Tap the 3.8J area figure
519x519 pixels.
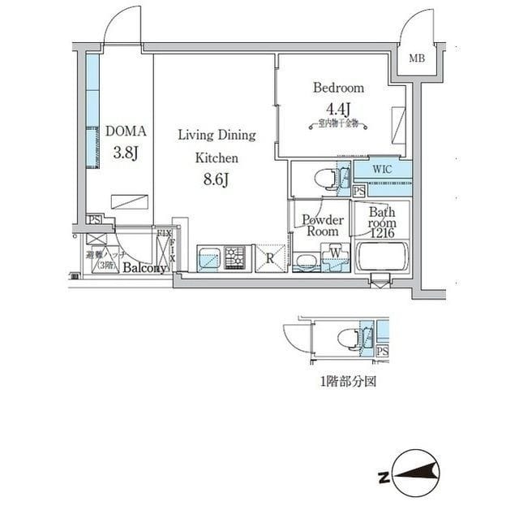[x=125, y=151]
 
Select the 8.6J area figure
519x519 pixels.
[x=216, y=179]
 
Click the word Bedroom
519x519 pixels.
[x=338, y=88]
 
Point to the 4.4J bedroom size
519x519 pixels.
[x=338, y=108]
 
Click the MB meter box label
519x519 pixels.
[x=416, y=58]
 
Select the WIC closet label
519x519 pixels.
[x=384, y=170]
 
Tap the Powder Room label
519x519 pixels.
[x=323, y=225]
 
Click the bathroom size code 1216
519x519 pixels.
[x=384, y=232]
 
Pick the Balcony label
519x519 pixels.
[x=145, y=269]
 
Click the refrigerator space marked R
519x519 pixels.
[x=270, y=260]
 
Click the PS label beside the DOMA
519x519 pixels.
[x=95, y=218]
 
